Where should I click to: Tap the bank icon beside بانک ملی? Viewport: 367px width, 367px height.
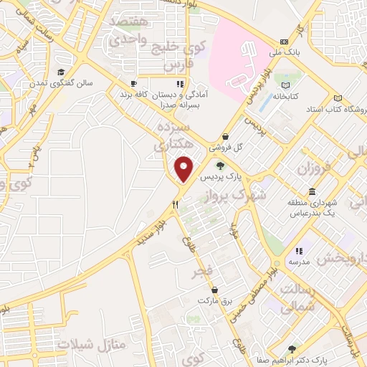pos(285,42)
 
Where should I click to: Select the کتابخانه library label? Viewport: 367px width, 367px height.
pos(285,95)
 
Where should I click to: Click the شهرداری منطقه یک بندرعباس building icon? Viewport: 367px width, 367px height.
pos(312,192)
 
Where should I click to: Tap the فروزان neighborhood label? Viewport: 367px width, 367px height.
pos(311,171)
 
